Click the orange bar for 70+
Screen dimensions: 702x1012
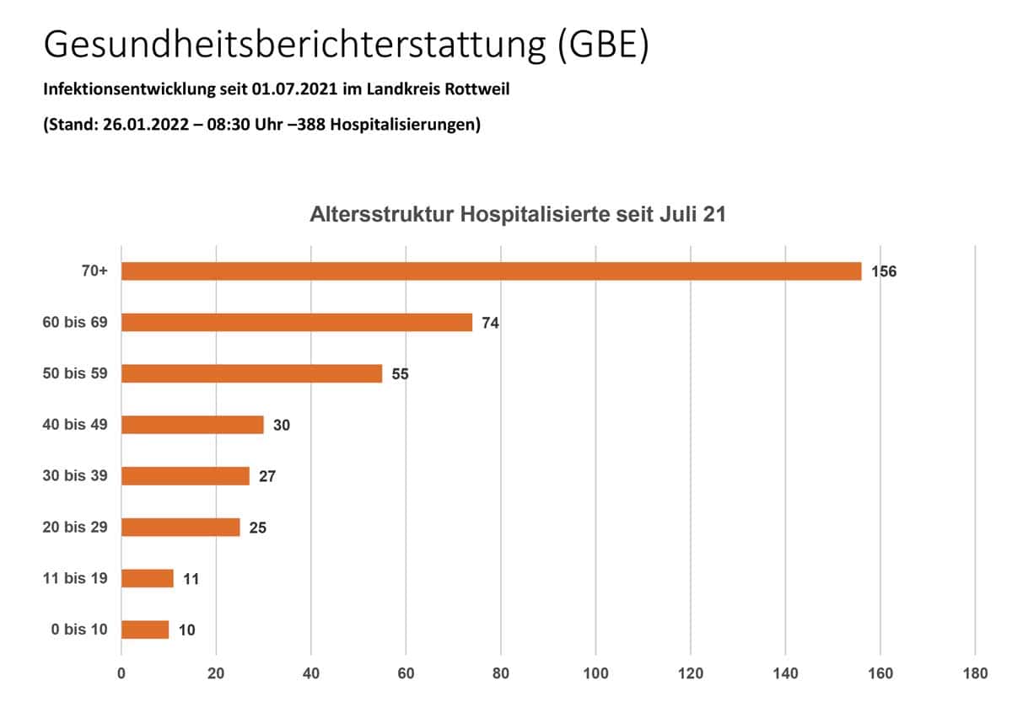[491, 271]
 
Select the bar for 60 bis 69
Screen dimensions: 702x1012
[297, 322]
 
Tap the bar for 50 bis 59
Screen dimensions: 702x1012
[251, 373]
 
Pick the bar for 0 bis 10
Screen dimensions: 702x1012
[145, 630]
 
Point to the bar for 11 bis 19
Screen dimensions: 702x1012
[148, 578]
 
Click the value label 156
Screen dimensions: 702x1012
[884, 272]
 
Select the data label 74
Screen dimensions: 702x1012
[491, 323]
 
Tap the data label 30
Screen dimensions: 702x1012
[282, 426]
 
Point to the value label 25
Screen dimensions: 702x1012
[258, 528]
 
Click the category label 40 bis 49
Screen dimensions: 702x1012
[75, 424]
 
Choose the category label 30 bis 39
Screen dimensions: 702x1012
[75, 475]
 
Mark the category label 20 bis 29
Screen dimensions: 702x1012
[75, 527]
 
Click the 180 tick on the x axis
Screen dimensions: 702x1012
[975, 674]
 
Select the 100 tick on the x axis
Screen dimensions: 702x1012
[595, 674]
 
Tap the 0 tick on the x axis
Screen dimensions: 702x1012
[121, 674]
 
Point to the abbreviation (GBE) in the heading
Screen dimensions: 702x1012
[602, 46]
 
